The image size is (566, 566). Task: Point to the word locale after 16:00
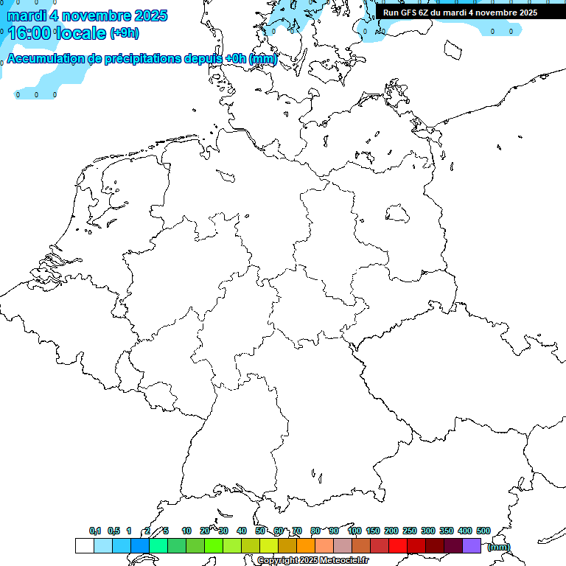coord(84,33)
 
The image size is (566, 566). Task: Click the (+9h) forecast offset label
coord(124,33)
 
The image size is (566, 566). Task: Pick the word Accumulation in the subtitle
coord(45,59)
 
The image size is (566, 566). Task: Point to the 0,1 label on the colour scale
coord(95,531)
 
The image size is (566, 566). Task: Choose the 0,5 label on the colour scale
coord(113,531)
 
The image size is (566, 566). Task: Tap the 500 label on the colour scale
coord(483,531)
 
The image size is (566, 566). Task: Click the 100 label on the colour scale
coord(354,531)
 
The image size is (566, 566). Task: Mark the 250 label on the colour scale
coord(410,531)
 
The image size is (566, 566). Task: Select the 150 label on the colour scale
coord(373,531)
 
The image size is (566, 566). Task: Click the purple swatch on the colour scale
coord(472,545)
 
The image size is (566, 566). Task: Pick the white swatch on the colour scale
coord(84,545)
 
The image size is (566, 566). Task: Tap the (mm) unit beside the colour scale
coord(499,548)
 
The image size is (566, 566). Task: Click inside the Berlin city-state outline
coord(398,214)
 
